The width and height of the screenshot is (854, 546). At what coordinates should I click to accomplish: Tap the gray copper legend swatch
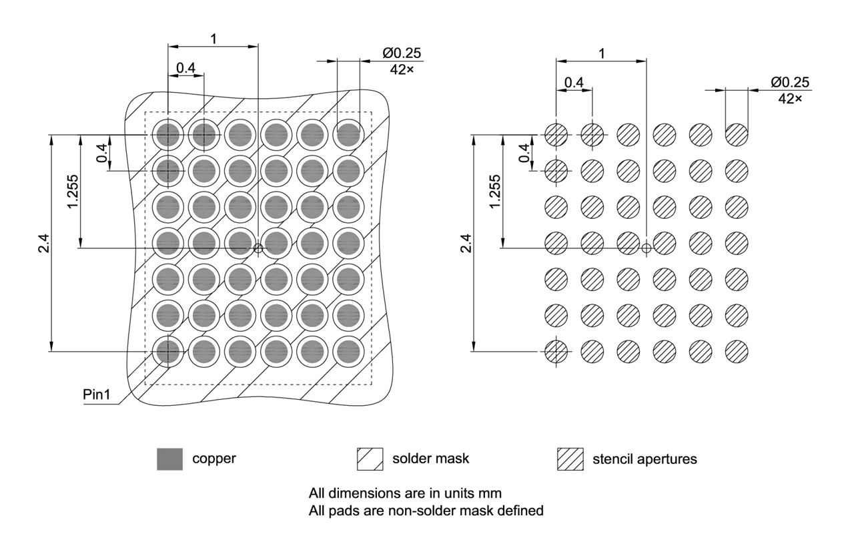[x=169, y=459]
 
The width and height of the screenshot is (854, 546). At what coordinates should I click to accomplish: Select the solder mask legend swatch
[x=370, y=459]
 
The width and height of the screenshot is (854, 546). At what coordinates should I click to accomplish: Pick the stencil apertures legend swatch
[x=570, y=459]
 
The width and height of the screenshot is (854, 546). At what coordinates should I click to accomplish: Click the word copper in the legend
[x=213, y=459]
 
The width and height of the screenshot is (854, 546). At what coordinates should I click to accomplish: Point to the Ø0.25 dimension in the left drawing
[x=401, y=53]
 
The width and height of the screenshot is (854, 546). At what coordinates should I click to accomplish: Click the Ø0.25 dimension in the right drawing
[x=789, y=82]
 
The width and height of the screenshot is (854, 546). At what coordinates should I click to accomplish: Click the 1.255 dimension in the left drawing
[x=73, y=192]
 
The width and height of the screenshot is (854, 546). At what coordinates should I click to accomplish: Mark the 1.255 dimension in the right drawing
[x=494, y=192]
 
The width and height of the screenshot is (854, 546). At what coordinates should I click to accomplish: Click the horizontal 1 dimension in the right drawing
[x=602, y=53]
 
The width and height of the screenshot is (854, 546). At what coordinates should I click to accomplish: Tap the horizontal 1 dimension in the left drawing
[x=213, y=39]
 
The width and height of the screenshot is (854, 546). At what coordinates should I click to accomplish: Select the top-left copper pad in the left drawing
[x=169, y=135]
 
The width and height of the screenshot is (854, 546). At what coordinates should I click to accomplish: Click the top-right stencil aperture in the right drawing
[x=737, y=135]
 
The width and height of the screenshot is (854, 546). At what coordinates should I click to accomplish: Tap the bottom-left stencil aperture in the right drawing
[x=556, y=350]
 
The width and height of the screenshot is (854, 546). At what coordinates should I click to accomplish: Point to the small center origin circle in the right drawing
[x=646, y=248]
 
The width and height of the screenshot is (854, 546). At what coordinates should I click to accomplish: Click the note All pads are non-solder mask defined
[x=426, y=511]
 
